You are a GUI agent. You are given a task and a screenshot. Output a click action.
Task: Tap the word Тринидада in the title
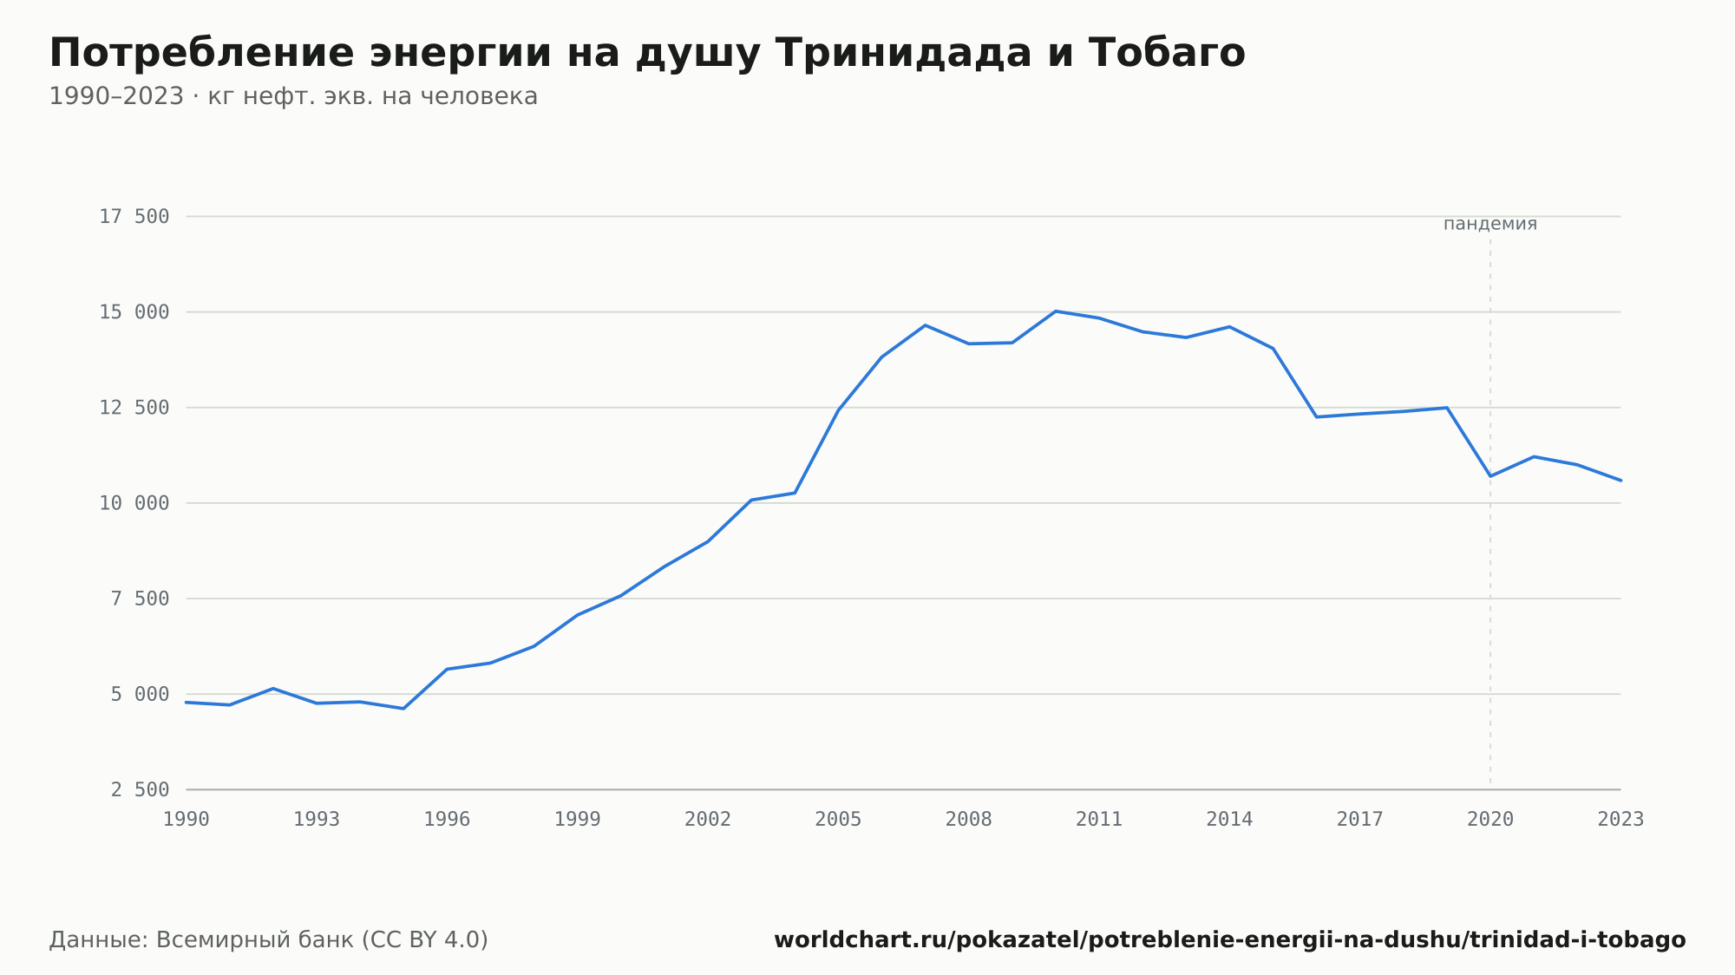903,54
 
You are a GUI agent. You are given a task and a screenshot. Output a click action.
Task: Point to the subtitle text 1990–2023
116,96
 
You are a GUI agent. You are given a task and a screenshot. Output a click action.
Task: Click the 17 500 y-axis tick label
134,217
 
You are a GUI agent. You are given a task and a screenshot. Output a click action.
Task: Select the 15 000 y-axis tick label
134,312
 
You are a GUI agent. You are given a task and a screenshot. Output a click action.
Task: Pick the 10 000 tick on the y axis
134,503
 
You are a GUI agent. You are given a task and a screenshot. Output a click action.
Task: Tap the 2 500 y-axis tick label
140,789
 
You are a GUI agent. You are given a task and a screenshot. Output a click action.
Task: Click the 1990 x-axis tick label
187,820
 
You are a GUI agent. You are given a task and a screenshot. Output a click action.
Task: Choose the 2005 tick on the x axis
838,820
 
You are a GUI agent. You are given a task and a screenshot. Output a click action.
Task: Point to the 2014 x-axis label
1229,820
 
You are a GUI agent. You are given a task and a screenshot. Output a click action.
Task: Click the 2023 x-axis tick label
1620,820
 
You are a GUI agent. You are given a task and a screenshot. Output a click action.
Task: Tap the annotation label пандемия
1490,225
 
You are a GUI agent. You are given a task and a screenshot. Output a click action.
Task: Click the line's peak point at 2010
1055,311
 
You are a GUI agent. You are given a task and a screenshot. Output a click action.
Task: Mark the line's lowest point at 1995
403,709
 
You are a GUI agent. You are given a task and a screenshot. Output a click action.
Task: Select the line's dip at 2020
1490,476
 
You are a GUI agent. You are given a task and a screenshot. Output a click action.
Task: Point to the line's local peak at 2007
925,325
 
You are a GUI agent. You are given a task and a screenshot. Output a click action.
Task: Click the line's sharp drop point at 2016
1316,417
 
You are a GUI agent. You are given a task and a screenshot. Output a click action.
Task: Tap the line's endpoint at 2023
1620,481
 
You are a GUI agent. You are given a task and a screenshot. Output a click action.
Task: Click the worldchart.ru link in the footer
1229,940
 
